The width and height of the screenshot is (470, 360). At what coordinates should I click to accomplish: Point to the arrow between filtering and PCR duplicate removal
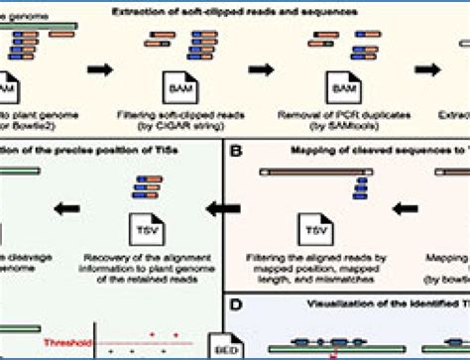(x=262, y=70)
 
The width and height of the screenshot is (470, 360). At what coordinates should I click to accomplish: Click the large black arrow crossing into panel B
(x=223, y=207)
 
